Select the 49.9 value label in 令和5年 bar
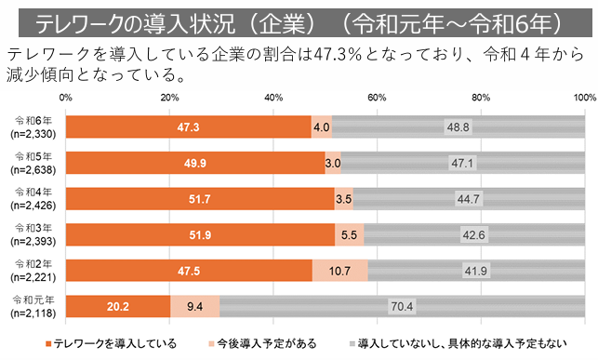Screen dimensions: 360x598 click(194, 163)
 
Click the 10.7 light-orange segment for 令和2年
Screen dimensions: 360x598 click(339, 269)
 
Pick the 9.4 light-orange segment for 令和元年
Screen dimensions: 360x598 click(194, 304)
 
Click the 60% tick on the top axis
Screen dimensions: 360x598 click(377, 97)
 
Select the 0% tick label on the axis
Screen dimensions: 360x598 click(65, 97)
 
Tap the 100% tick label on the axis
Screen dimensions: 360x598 click(584, 97)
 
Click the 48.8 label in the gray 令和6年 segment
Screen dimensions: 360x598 click(458, 127)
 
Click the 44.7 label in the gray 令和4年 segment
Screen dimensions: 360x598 click(468, 198)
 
